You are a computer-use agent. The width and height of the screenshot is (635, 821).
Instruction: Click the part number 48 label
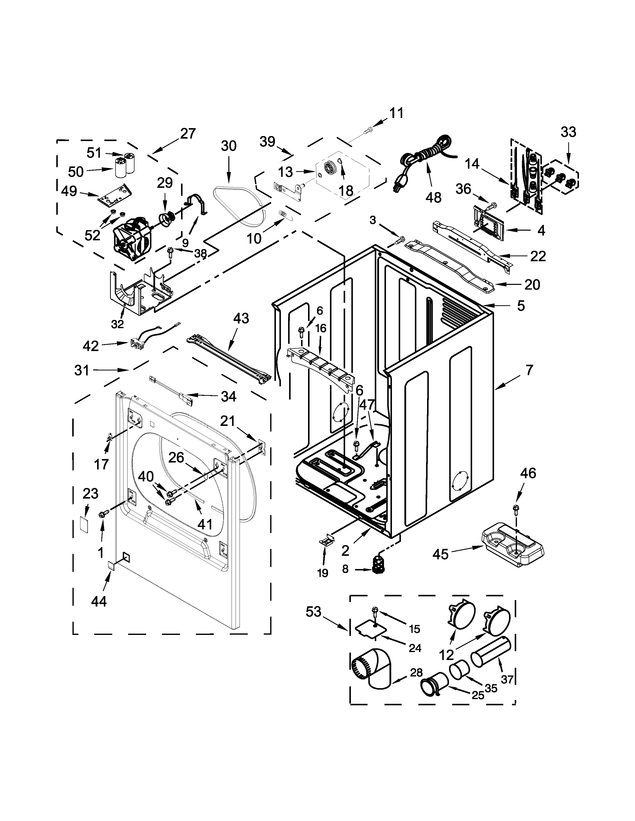click(x=433, y=197)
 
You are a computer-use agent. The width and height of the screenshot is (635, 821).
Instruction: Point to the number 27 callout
click(x=188, y=133)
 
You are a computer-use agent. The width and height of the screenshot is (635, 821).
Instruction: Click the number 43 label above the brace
click(x=241, y=318)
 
